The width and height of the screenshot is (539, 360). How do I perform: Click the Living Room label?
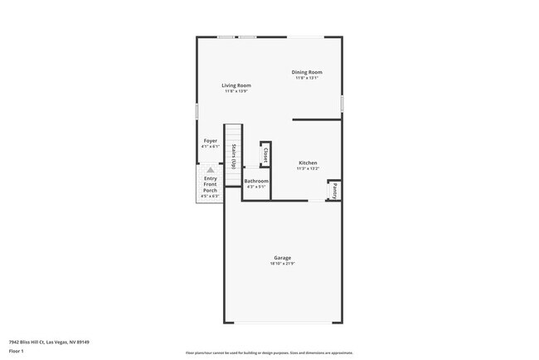(x=236, y=85)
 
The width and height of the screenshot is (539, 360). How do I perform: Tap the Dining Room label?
(x=307, y=72)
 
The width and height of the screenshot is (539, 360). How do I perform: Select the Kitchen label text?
(x=308, y=163)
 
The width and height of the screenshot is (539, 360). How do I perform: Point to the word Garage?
(x=283, y=257)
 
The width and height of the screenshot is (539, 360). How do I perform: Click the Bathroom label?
(x=256, y=181)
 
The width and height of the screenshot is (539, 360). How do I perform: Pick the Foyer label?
(x=211, y=141)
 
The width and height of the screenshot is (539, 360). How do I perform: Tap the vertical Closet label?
(x=265, y=154)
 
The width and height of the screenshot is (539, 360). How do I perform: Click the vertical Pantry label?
(x=335, y=190)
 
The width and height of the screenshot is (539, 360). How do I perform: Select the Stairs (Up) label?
(x=235, y=156)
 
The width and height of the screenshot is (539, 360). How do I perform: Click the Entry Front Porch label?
(x=211, y=184)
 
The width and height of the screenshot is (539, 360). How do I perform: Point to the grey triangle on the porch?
(x=211, y=169)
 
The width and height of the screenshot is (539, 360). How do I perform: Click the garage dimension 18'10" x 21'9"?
(x=283, y=264)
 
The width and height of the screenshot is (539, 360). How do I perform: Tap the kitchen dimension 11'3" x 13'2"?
(x=308, y=168)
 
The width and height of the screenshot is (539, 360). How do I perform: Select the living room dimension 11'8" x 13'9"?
(x=236, y=91)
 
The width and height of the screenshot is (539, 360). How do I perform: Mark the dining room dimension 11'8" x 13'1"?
(x=307, y=78)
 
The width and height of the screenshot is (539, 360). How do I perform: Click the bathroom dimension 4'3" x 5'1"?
(x=256, y=187)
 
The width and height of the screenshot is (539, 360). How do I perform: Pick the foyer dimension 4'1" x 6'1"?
(x=211, y=147)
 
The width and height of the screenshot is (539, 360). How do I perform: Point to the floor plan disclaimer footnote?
(x=269, y=353)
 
